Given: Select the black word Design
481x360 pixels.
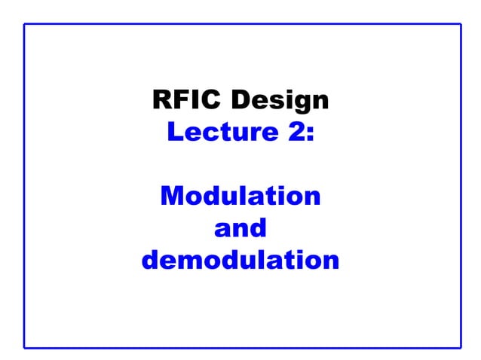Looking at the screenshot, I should click(x=280, y=100).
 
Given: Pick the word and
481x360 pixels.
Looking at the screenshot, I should click(x=240, y=228).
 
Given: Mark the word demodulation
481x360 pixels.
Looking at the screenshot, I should click(x=240, y=261).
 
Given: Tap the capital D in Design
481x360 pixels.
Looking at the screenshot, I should click(x=242, y=99).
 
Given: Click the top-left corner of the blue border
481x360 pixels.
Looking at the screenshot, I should click(x=24, y=23).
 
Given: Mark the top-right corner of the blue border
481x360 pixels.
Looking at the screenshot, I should click(x=461, y=23).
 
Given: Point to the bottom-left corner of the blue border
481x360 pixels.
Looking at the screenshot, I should click(x=24, y=348).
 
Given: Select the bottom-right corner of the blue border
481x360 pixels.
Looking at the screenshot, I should click(x=461, y=348).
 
